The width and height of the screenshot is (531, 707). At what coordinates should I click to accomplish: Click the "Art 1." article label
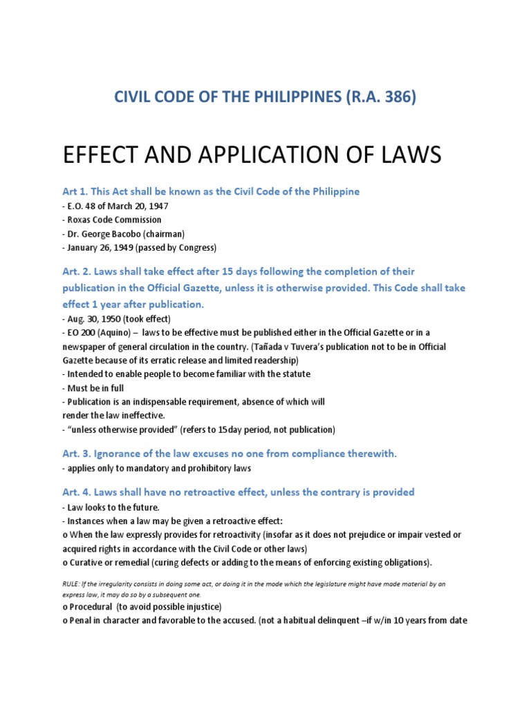click(x=74, y=191)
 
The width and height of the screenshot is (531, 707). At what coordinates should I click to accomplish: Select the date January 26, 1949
click(x=104, y=248)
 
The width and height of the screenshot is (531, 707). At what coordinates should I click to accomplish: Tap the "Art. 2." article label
click(x=75, y=271)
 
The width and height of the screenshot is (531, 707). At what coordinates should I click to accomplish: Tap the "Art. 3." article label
click(x=75, y=453)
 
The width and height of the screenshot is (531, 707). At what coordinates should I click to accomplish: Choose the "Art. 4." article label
click(x=75, y=492)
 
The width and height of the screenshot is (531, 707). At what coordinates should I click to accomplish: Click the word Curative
click(x=89, y=562)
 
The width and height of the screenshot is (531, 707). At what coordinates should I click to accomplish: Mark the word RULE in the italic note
click(x=71, y=583)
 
